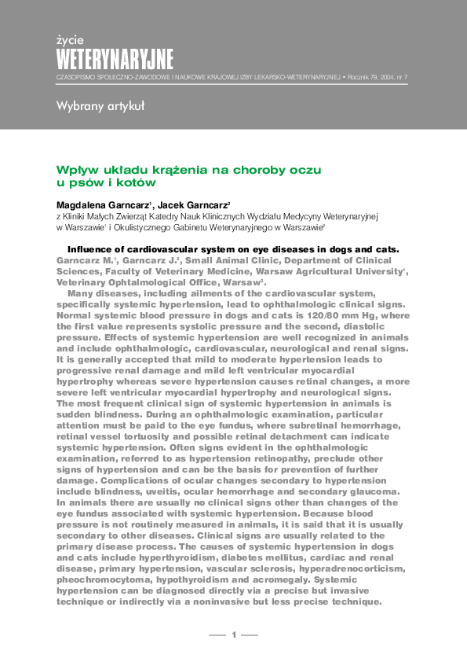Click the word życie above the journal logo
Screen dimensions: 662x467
70,39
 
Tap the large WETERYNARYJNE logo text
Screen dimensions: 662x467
115,58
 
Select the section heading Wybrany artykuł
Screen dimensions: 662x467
100,108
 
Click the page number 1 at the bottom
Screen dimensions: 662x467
233,634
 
